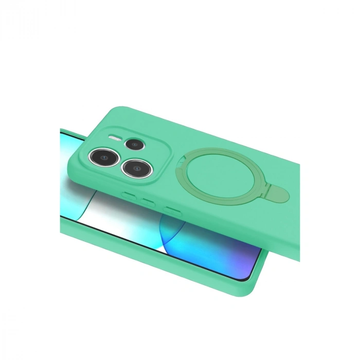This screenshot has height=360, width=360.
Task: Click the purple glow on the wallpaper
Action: click(242, 257)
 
